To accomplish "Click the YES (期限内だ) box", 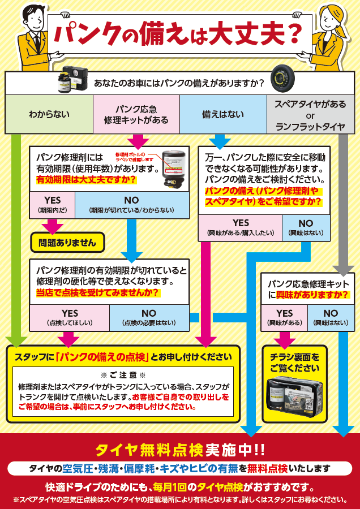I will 52,205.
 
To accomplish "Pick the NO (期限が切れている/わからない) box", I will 131,205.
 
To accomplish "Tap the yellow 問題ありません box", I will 67,243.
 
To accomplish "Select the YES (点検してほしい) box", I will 70,317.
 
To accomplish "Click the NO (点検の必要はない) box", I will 149,317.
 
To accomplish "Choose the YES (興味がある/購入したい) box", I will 240,227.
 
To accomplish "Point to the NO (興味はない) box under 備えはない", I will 306,227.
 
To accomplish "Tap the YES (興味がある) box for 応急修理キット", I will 284,317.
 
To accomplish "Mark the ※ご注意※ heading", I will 123,375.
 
